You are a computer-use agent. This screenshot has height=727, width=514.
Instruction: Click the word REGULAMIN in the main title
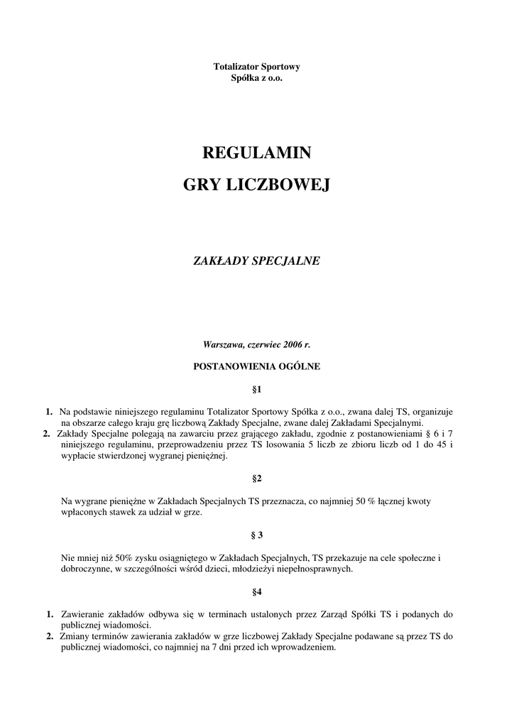257,153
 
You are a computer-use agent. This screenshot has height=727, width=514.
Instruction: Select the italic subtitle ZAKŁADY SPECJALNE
257,261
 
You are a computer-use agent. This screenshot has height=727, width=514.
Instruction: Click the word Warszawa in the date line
223,344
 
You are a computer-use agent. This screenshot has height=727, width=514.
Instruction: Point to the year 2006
293,344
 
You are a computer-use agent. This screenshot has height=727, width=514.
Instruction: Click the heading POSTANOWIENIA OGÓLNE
257,367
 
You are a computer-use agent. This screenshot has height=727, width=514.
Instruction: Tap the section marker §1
257,390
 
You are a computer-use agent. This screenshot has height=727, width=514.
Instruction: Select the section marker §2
257,479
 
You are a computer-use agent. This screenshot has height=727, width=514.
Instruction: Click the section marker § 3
257,535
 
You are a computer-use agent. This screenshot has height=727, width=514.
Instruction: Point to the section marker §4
257,591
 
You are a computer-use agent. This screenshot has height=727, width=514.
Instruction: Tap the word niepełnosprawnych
317,569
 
